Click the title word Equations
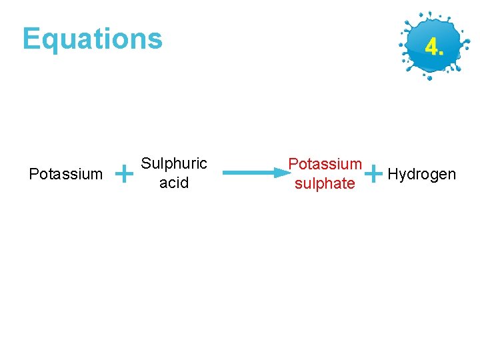point(92,39)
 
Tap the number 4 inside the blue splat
point(431,47)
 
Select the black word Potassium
point(66,175)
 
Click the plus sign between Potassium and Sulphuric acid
point(123,175)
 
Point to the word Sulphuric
point(174,164)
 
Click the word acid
point(174,183)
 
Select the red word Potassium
point(325,164)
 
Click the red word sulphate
point(325,183)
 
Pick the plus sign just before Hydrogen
point(375,173)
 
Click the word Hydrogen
point(421,175)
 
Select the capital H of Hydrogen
point(393,174)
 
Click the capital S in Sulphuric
point(146,164)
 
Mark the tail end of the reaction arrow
point(225,173)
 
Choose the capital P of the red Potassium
point(293,164)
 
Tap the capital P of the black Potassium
point(34,175)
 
